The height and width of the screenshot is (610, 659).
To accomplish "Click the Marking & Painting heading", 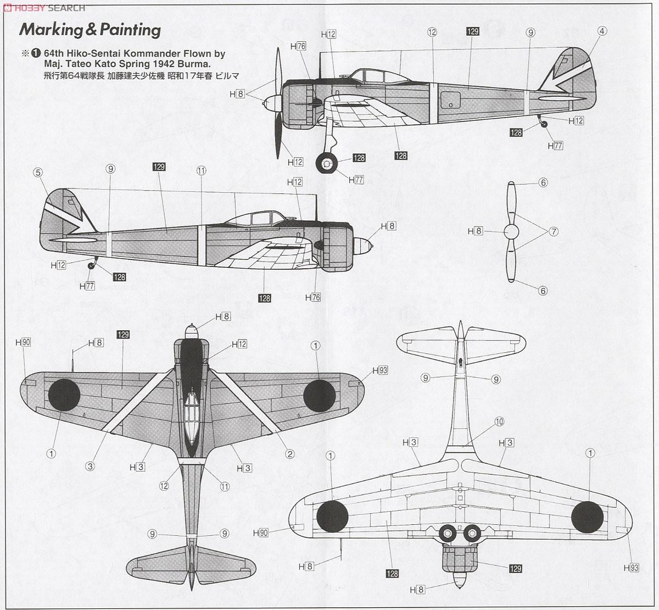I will [90, 30].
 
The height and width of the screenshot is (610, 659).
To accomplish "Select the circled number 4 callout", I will [602, 31].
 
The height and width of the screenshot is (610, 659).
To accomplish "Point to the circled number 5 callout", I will [37, 173].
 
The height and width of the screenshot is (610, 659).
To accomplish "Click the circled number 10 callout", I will [499, 422].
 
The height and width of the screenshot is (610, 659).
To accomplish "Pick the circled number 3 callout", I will [90, 467].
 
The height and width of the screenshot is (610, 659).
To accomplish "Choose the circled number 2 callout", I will [289, 454].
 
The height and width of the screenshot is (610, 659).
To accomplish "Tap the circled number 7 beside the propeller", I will [554, 231].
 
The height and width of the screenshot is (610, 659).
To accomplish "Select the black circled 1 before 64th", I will [36, 54].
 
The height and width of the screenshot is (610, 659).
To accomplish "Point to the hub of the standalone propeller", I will [511, 231].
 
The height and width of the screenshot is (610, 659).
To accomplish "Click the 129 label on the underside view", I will [515, 569].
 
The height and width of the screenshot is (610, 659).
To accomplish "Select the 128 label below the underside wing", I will [392, 574].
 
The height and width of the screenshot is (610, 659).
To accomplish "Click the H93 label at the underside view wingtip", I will [632, 568].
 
